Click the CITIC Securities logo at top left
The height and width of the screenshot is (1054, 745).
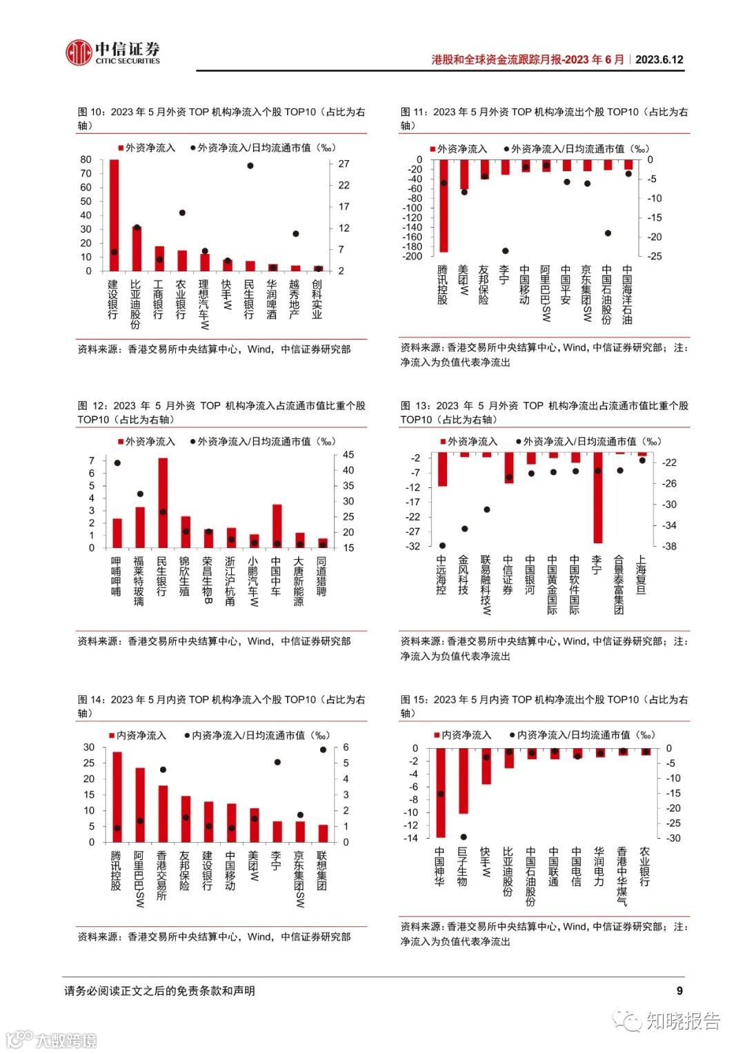112,52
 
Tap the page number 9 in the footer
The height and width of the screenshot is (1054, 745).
679,990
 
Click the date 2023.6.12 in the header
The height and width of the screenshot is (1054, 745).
659,59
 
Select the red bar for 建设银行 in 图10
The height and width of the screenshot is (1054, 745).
114,215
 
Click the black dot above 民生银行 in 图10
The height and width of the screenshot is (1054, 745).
250,166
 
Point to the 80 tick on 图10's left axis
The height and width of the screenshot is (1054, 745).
86,159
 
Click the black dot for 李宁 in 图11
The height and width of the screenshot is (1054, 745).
505,251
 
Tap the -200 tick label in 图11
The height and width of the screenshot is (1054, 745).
413,256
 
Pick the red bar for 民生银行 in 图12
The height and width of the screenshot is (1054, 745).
163,502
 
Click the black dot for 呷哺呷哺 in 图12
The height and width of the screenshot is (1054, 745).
117,462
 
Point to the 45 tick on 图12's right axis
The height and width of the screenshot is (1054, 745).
348,455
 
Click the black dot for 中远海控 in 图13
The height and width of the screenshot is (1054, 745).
442,545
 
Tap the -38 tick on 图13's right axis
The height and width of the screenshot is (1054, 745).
669,546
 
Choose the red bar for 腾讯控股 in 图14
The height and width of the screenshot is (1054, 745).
117,797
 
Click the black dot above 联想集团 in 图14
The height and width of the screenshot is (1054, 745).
323,750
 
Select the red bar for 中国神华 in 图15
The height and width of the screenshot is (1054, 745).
441,792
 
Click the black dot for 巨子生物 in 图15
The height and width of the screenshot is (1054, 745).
464,837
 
